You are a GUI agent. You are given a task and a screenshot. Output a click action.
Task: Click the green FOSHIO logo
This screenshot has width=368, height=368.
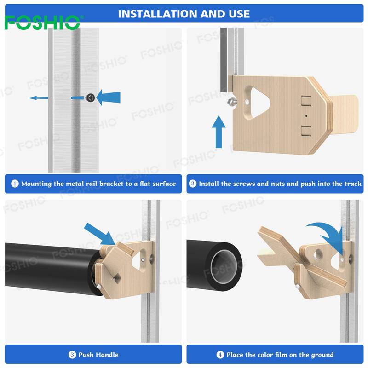point(42,23)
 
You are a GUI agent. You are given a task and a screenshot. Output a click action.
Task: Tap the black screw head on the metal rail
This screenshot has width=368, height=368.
point(90,98)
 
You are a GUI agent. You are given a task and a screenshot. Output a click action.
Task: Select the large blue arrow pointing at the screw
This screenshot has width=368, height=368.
point(108,97)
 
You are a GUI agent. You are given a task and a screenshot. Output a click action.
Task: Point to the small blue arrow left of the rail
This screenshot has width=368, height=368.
point(38,98)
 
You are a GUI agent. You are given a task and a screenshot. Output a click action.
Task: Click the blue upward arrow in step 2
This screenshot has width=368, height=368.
point(218,132)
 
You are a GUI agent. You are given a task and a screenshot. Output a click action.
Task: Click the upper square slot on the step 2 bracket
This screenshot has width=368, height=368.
point(306,100)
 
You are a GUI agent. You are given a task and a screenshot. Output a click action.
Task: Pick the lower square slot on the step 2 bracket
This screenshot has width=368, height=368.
point(306,131)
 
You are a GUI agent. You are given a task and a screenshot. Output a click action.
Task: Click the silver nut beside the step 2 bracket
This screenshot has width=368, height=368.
point(232,101)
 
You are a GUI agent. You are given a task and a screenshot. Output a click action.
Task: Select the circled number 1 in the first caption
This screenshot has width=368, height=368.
point(15,184)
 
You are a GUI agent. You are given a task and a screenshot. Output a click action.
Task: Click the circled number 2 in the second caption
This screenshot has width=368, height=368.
point(192,184)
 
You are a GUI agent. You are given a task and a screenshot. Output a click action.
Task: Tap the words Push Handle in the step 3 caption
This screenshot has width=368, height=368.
point(98,355)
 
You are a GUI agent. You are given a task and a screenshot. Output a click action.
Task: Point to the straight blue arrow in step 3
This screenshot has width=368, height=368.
point(100,234)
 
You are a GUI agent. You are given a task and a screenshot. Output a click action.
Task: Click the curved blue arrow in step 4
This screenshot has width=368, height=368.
point(327,237)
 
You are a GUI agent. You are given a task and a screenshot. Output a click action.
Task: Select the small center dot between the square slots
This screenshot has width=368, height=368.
point(306,116)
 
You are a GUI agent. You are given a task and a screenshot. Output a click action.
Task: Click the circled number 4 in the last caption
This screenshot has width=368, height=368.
point(220,355)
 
